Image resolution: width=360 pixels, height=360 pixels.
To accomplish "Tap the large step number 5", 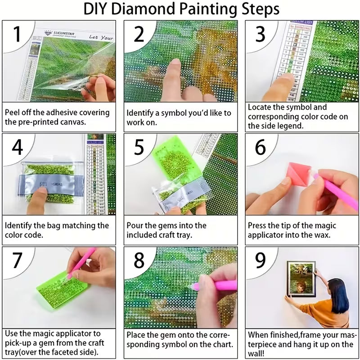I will point(139,148).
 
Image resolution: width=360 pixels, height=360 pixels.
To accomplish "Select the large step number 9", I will point(261,260).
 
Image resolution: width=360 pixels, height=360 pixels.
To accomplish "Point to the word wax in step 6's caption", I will point(324,235).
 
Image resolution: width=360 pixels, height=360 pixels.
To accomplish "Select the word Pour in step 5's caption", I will point(135,225).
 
